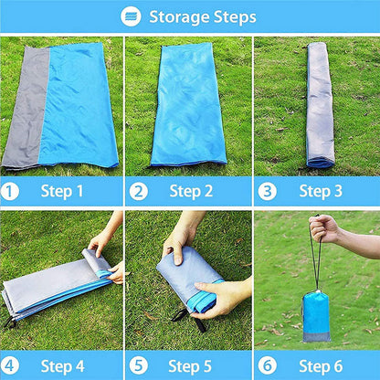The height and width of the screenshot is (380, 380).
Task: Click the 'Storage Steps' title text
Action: coord(203,17)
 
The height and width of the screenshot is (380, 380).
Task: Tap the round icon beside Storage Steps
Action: coord(131,16)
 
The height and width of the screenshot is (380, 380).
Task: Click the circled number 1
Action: coord(9,192)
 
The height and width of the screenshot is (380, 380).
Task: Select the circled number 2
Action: coord(139,192)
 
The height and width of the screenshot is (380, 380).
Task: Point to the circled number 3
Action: coord(268,192)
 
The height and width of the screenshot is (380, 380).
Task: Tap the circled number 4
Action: coord(9,365)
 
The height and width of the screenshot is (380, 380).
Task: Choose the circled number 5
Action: coord(139,365)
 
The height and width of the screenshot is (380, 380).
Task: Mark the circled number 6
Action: coord(268,365)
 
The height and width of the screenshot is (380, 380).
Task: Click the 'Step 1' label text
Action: coord(62,192)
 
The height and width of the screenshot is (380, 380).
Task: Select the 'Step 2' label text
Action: coord(191,192)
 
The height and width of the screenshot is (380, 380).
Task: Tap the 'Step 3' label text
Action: coord(321,192)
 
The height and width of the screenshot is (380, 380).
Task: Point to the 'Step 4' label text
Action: coord(62,366)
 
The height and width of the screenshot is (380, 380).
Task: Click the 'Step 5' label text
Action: coord(190,366)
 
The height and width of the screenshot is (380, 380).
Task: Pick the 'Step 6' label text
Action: coord(321,366)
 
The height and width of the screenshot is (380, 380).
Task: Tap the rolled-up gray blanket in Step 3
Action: coord(319,105)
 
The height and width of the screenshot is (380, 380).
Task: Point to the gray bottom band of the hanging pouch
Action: coord(317,337)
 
